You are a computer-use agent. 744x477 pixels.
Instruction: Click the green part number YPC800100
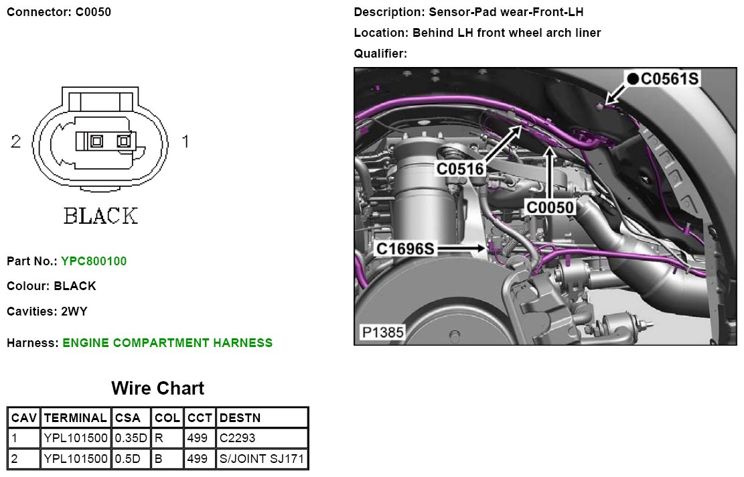pyautogui.click(x=93, y=261)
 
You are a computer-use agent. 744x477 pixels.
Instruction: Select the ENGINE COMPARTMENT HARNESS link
pyautogui.click(x=167, y=343)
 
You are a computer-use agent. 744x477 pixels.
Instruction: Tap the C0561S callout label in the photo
pyautogui.click(x=670, y=79)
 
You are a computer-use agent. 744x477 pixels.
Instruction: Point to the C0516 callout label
pyautogui.click(x=460, y=169)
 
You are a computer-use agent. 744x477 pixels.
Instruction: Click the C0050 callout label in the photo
pyautogui.click(x=550, y=208)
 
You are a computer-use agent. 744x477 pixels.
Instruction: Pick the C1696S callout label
pyautogui.click(x=406, y=249)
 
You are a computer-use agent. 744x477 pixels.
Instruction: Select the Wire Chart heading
pyautogui.click(x=157, y=389)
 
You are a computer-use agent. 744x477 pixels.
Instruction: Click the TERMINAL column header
pyautogui.click(x=75, y=418)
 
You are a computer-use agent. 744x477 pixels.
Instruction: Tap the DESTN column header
pyautogui.click(x=240, y=418)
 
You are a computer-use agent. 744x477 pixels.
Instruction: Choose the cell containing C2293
pyautogui.click(x=238, y=438)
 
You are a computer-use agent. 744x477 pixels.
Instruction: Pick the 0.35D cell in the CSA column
pyautogui.click(x=131, y=438)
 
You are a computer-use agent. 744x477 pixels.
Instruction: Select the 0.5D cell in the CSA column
pyautogui.click(x=128, y=459)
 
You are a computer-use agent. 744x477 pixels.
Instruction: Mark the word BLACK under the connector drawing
pyautogui.click(x=100, y=216)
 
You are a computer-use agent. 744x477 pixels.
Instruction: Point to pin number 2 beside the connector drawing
pyautogui.click(x=16, y=141)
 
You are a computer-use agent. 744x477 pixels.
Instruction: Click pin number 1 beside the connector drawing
pyautogui.click(x=185, y=141)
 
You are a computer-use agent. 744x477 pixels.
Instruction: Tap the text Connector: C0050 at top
pyautogui.click(x=59, y=12)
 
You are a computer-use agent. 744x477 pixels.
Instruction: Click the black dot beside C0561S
pyautogui.click(x=632, y=79)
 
